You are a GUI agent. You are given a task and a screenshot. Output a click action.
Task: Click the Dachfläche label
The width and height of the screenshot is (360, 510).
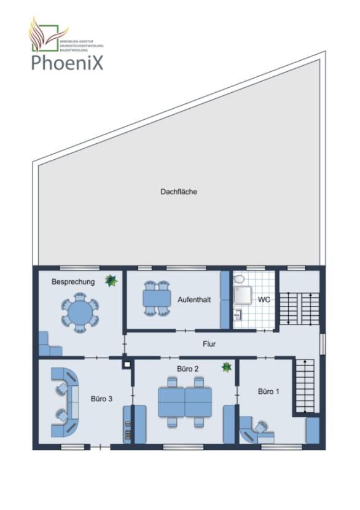(179, 192)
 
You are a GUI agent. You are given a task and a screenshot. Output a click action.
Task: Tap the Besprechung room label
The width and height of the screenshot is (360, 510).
(73, 282)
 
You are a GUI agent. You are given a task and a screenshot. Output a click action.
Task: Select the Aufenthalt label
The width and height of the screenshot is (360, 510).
(194, 300)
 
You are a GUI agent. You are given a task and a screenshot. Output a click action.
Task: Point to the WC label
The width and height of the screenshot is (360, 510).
(264, 300)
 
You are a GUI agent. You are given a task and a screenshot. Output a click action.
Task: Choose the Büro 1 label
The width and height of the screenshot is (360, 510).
(268, 391)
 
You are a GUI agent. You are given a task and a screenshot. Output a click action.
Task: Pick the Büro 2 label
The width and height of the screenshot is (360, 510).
(187, 369)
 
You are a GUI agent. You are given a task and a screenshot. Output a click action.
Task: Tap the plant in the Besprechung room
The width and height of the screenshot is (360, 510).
(111, 281)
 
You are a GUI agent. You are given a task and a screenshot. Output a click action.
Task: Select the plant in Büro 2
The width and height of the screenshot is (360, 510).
(227, 367)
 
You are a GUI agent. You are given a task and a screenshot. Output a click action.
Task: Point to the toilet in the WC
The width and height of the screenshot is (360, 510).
(239, 280)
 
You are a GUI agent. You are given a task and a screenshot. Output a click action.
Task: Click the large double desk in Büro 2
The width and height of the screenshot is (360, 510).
(184, 402)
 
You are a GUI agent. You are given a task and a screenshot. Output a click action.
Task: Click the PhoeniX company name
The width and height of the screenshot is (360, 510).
(68, 62)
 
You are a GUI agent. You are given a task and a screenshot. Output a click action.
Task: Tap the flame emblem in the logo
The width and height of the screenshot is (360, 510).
(45, 36)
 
